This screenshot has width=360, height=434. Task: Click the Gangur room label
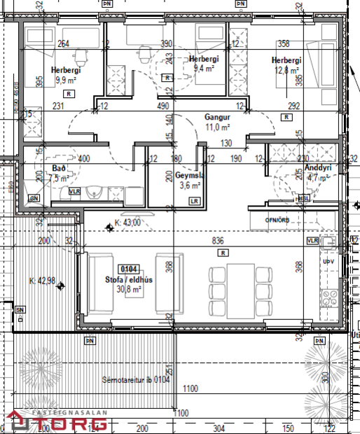click(217, 117)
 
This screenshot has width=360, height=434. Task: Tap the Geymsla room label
click(188, 176)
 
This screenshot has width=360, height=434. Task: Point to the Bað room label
click(58, 169)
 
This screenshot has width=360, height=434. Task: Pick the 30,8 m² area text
click(129, 288)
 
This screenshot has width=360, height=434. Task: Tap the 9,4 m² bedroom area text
click(202, 69)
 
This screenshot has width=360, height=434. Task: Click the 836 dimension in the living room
click(218, 241)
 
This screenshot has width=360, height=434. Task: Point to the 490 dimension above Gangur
click(165, 106)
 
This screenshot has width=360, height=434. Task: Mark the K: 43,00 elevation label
click(127, 223)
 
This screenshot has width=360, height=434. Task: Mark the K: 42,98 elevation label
click(41, 281)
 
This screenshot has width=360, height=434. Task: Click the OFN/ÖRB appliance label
click(277, 220)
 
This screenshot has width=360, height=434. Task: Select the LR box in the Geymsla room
click(194, 202)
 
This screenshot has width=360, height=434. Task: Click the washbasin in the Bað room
click(98, 192)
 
